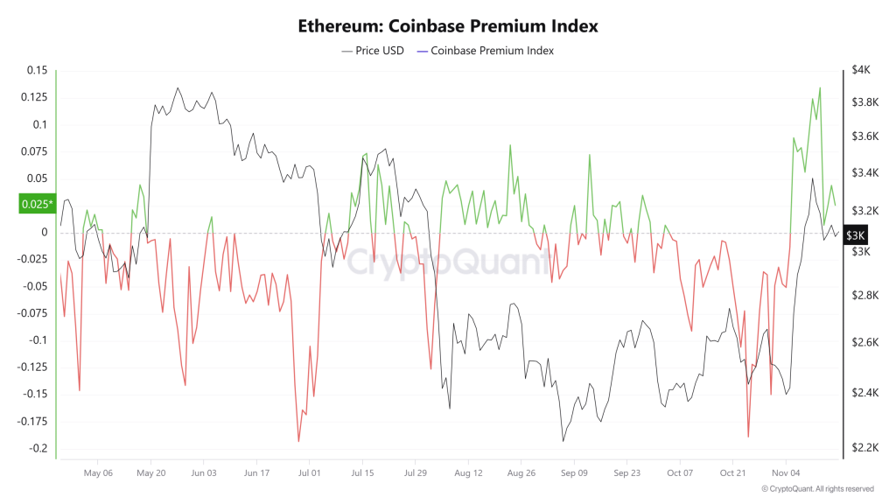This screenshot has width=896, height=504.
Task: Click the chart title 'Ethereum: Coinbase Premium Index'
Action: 447,26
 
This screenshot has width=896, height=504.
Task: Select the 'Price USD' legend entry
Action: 373,51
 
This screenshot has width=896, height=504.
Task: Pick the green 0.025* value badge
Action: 36,205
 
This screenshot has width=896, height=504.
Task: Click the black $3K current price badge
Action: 855,235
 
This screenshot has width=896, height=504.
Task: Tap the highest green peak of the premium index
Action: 820,87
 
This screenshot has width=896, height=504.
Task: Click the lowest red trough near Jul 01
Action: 299,442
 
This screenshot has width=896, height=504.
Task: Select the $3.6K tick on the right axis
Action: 863,136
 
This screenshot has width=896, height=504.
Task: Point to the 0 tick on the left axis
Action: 43,232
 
